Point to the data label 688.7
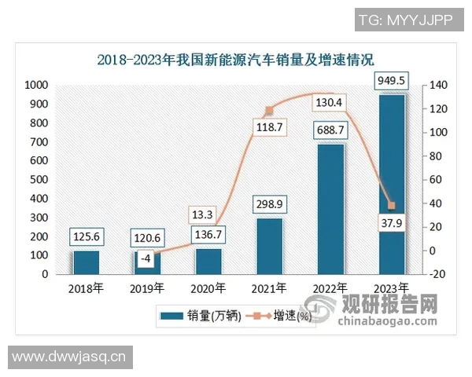pyautogui.click(x=330, y=130)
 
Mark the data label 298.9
pyautogui.click(x=270, y=204)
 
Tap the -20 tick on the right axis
pyautogui.click(x=438, y=274)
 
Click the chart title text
pyautogui.click(x=235, y=60)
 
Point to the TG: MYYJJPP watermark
pyautogui.click(x=405, y=20)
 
